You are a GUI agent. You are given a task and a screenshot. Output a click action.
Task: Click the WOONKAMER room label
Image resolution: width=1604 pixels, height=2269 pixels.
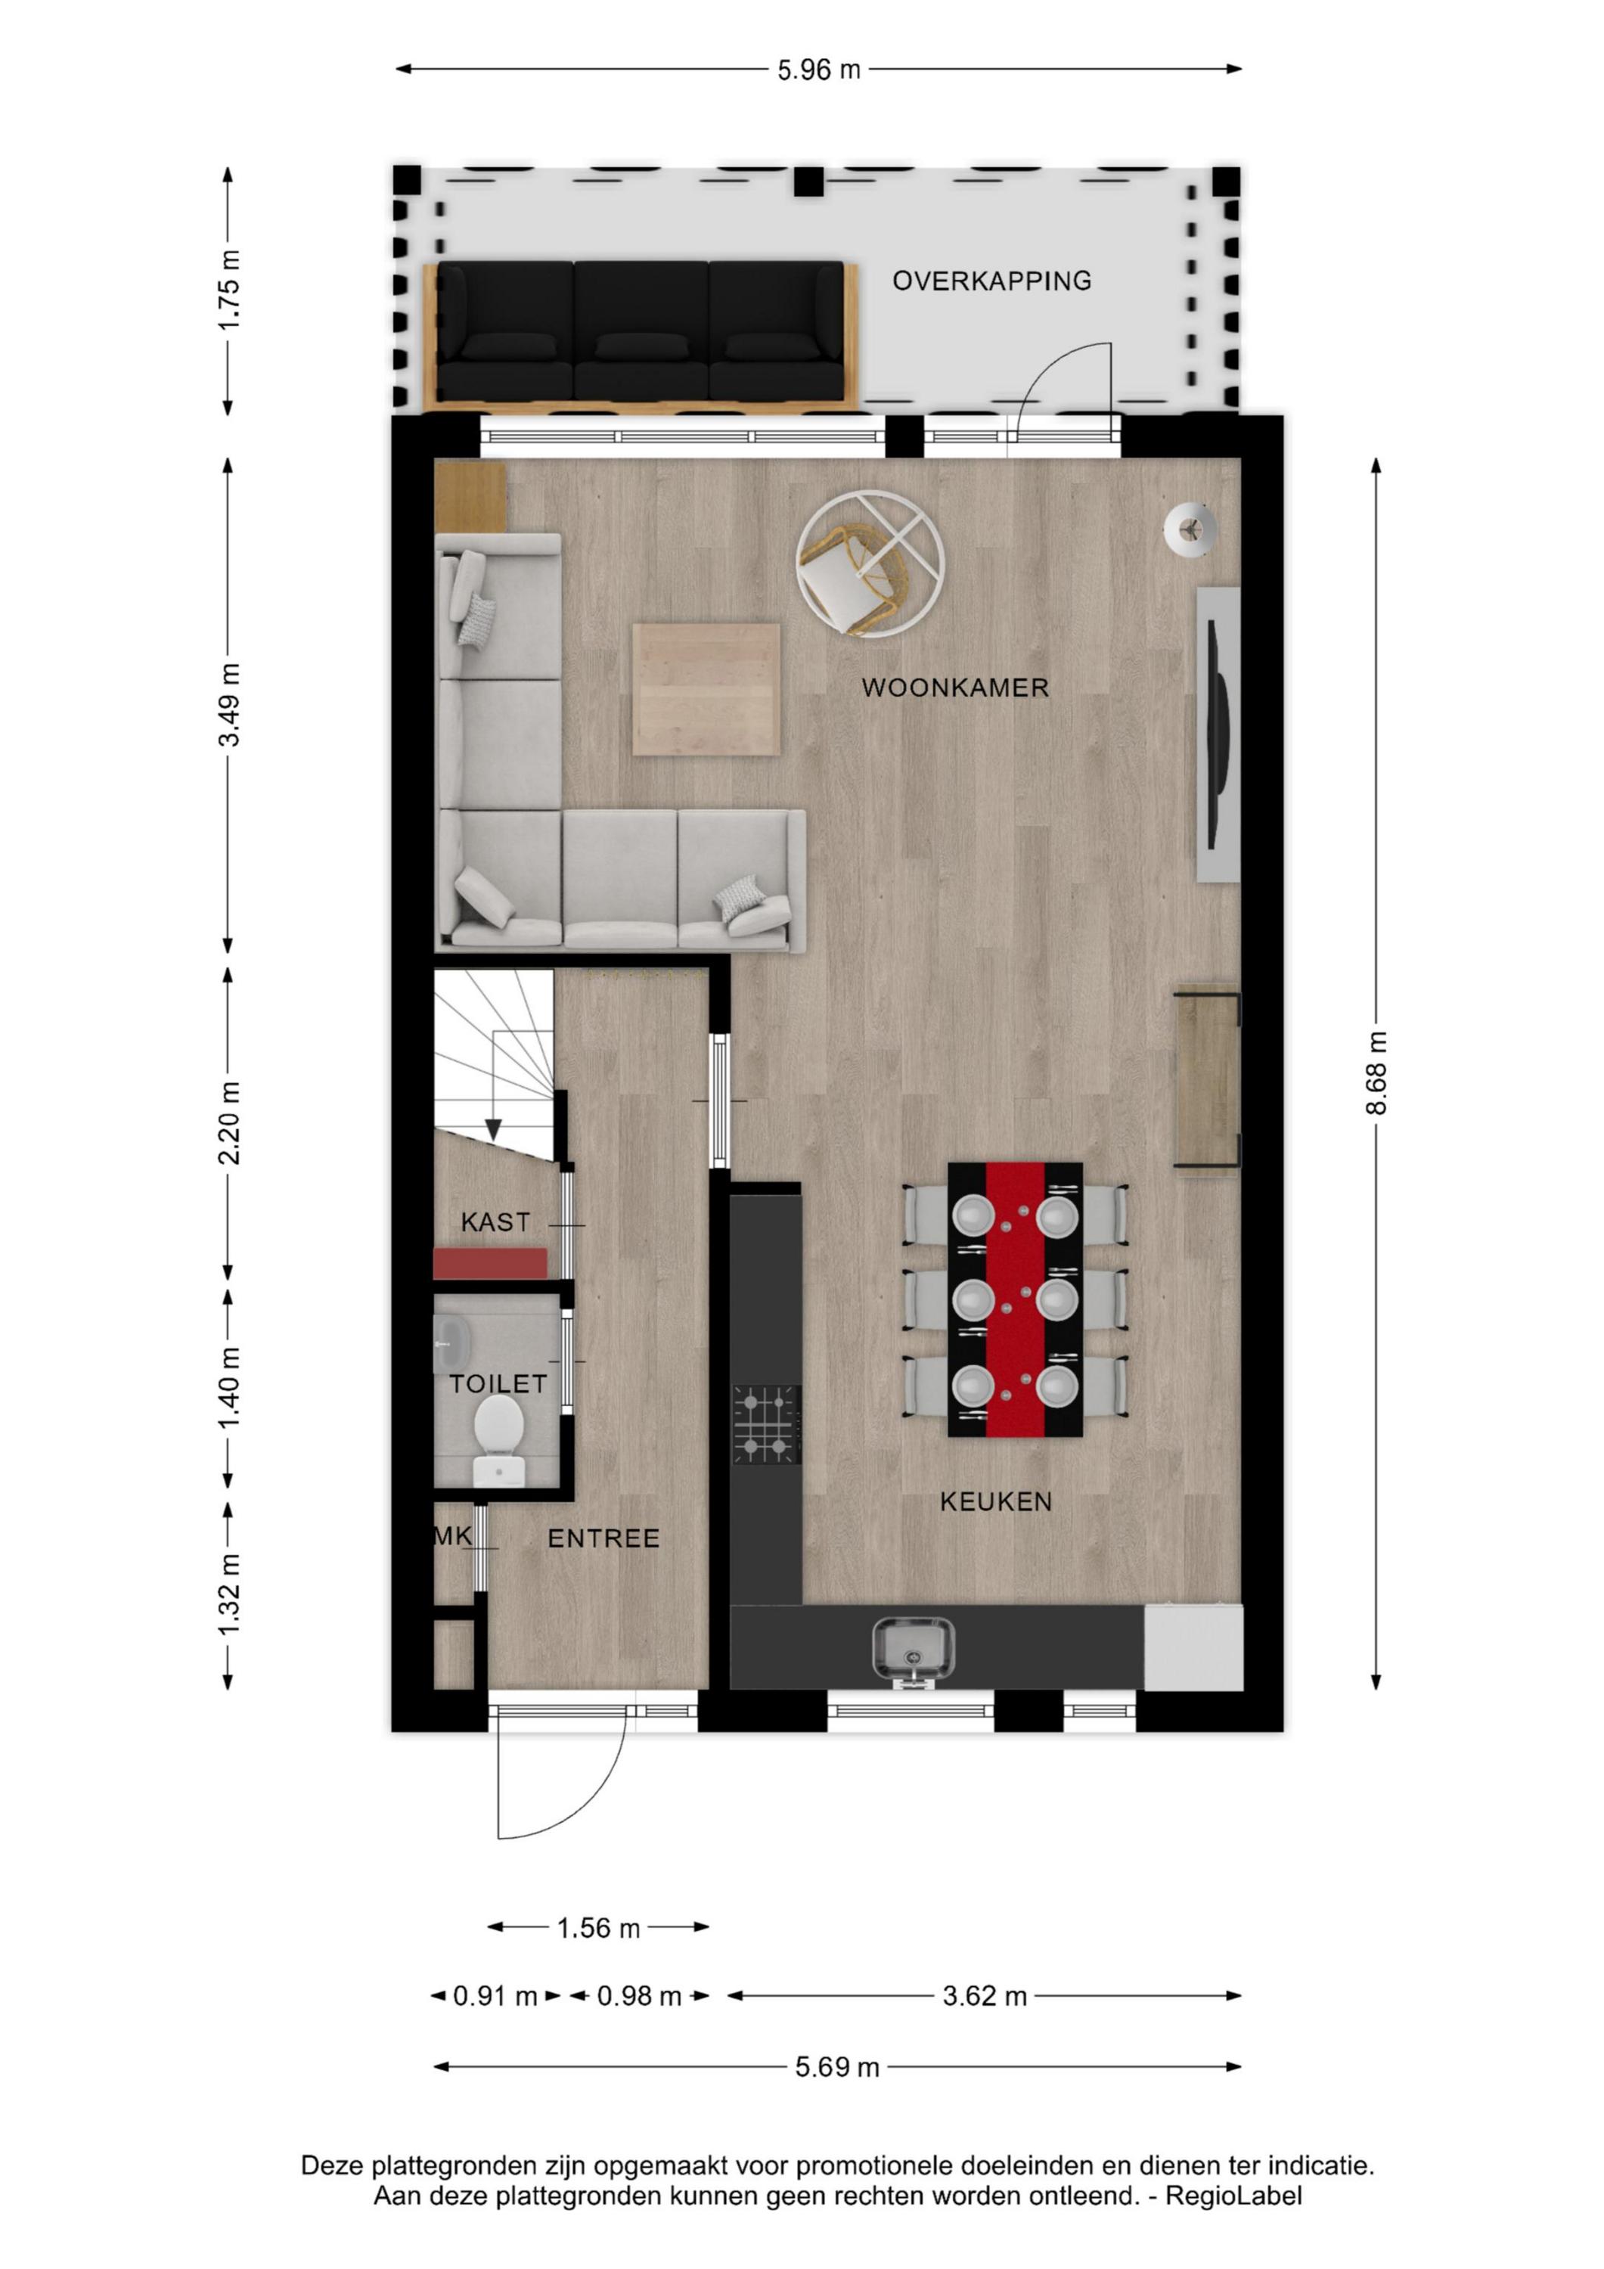954,688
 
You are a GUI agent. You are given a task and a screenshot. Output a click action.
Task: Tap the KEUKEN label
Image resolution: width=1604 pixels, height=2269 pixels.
995,1502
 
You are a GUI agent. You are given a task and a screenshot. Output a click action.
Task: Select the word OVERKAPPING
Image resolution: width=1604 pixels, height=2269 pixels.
991,281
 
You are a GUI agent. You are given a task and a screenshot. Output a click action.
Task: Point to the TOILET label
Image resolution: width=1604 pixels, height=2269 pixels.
498,1383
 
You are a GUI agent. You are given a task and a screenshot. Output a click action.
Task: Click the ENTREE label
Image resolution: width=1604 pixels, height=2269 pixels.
603,1538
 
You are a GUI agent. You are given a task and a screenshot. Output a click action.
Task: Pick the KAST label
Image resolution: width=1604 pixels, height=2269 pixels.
495,1222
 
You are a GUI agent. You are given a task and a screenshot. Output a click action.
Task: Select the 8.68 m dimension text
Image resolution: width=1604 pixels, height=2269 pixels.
1376,1072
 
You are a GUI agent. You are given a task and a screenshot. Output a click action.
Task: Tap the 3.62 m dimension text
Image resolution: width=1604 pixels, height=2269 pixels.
985,1996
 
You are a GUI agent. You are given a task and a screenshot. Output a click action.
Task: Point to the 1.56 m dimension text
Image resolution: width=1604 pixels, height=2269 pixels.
599,1928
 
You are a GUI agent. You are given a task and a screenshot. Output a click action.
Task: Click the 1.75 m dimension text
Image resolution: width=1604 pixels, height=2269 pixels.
228,290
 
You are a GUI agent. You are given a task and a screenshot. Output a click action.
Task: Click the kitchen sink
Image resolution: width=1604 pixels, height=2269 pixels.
914,1647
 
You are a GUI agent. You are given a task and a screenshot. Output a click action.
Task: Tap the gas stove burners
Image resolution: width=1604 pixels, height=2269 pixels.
766,1424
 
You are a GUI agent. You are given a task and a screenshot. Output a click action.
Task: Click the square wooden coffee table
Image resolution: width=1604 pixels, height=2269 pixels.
706,690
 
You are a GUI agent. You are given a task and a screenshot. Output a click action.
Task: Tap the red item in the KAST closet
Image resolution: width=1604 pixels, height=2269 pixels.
490,1263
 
